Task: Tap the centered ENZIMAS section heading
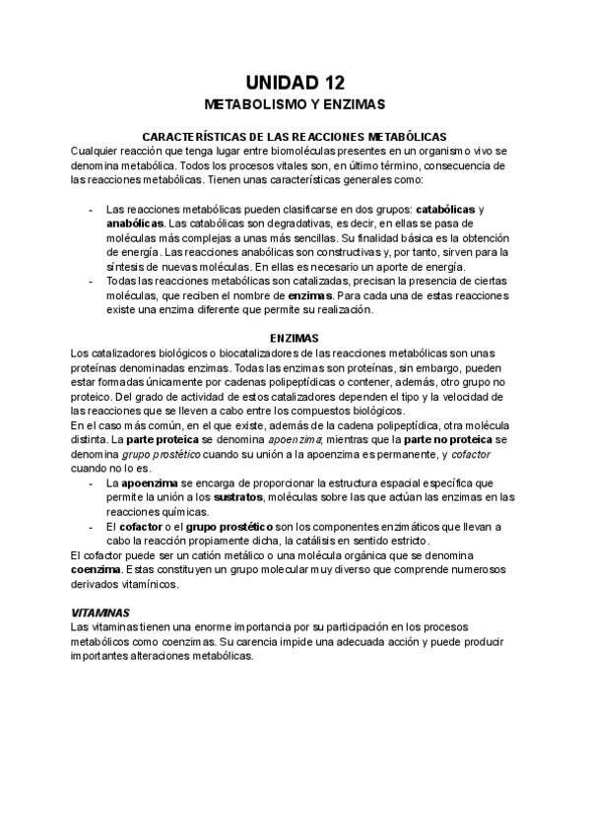click(295, 338)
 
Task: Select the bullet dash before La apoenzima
click(92, 482)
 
